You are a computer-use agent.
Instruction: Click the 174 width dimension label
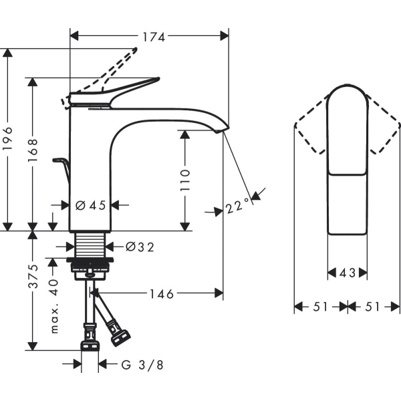coord(154,37)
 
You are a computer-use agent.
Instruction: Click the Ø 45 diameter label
coord(91,206)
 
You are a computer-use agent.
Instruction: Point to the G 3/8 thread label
coord(142,364)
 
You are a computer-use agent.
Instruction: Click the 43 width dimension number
coord(347,273)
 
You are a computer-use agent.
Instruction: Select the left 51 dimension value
coord(321,307)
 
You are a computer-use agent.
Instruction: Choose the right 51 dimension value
coord(373,307)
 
